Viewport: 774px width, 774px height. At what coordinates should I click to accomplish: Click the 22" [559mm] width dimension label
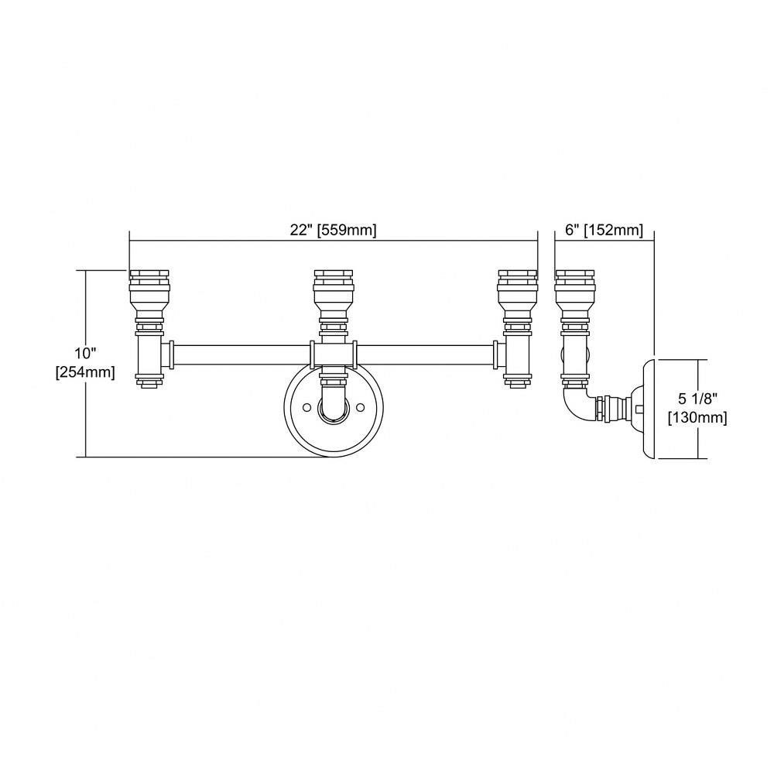coord(333,230)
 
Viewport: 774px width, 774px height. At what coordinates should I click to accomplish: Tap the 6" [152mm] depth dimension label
coord(604,230)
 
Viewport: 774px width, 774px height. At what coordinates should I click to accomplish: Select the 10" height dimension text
coord(84,354)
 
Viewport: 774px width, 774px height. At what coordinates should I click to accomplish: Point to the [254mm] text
coord(85,372)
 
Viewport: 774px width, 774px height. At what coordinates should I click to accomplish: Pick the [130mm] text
coord(697,418)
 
